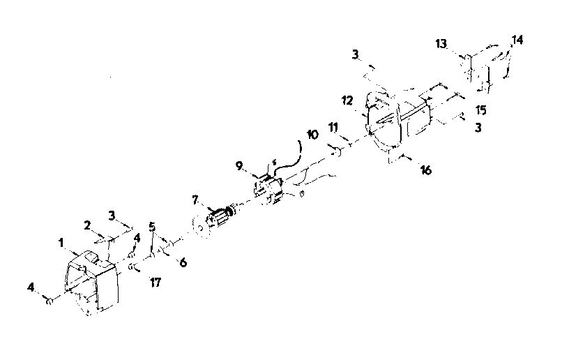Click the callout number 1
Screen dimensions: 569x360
pyautogui.click(x=61, y=242)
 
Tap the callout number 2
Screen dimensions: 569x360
pyautogui.click(x=87, y=225)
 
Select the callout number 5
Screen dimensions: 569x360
pyautogui.click(x=152, y=227)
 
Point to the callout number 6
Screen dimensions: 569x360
pyautogui.click(x=183, y=262)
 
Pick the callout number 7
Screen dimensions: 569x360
pyautogui.click(x=195, y=200)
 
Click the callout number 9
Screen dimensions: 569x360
pyautogui.click(x=238, y=166)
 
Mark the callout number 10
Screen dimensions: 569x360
pyautogui.click(x=312, y=135)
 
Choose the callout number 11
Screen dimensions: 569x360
pyautogui.click(x=333, y=128)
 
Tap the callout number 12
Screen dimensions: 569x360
pyautogui.click(x=347, y=100)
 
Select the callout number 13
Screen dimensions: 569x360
pyautogui.click(x=441, y=44)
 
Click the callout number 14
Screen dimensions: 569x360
pyautogui.click(x=517, y=40)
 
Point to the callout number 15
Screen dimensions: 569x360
pyautogui.click(x=481, y=110)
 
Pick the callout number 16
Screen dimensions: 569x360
pyautogui.click(x=425, y=170)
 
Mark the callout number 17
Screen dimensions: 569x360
pyautogui.click(x=155, y=282)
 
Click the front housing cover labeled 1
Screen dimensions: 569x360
pyautogui.click(x=91, y=283)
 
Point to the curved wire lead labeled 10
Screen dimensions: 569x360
pyautogui.click(x=290, y=159)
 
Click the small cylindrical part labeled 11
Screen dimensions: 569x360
pyautogui.click(x=335, y=150)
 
